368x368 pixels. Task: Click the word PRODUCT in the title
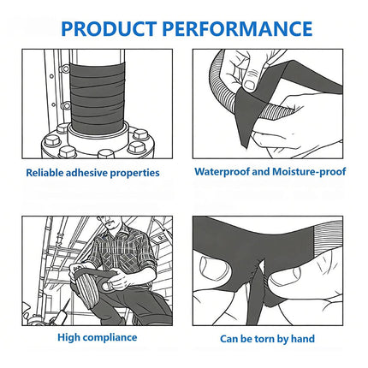109,29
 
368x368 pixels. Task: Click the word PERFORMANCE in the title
237,29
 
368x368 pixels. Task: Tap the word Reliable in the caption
45,173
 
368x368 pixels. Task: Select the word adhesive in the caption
86,173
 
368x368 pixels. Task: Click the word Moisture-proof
309,172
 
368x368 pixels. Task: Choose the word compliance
110,338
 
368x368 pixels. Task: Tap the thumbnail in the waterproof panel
250,85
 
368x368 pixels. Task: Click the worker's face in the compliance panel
109,223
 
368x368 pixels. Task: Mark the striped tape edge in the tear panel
328,238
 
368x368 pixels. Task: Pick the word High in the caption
69,338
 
